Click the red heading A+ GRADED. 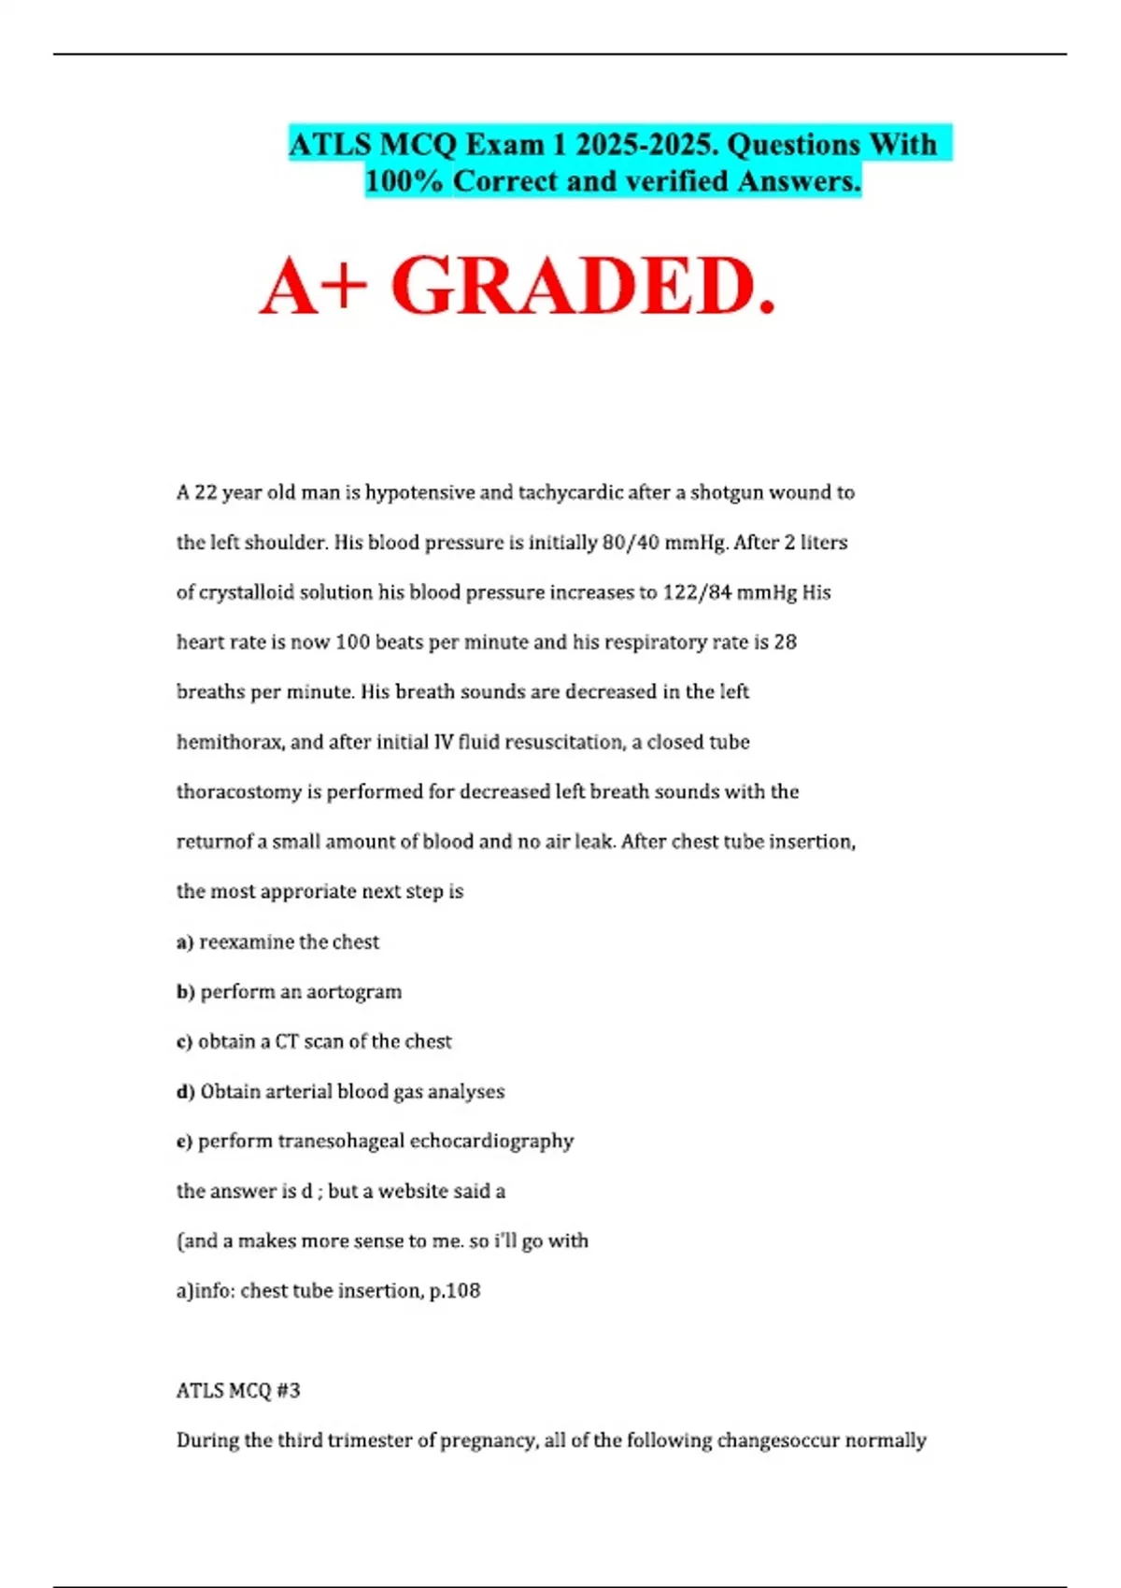click(518, 286)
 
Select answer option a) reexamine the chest click(278, 942)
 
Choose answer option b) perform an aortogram click(290, 992)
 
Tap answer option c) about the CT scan click(314, 1042)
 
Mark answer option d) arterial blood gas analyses click(341, 1092)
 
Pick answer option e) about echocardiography click(376, 1141)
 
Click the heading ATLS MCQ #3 click(238, 1391)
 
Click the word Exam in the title click(505, 145)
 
